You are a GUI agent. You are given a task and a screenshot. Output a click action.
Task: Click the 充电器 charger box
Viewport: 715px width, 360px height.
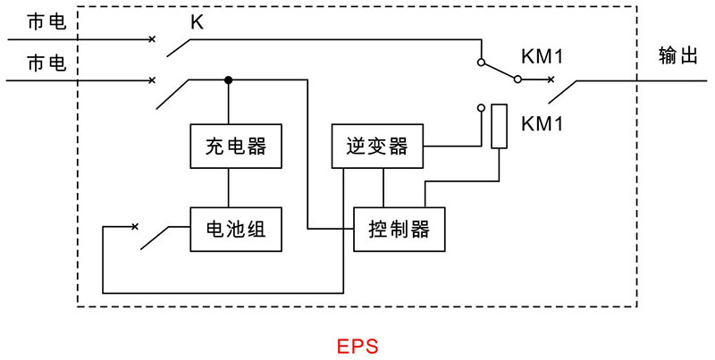[x=231, y=146]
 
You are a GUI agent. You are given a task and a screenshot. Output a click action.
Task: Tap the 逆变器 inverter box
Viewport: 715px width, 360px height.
[x=376, y=146]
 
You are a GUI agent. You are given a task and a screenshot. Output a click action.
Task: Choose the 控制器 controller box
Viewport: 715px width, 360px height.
[x=399, y=230]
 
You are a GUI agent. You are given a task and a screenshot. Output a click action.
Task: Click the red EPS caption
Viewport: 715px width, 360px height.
[x=357, y=346]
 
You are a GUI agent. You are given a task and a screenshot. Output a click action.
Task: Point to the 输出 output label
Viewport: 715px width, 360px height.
[x=677, y=55]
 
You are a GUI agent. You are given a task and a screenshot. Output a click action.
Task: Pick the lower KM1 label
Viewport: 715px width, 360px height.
[x=542, y=123]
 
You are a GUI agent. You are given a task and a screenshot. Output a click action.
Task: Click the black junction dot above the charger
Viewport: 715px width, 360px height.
[x=230, y=80]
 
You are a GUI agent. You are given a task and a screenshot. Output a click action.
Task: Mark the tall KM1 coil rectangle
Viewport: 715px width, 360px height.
[x=500, y=126]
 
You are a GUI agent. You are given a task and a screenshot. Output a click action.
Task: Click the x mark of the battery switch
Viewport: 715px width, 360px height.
[x=135, y=227]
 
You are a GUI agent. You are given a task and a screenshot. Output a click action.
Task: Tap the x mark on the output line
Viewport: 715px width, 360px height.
[x=551, y=80]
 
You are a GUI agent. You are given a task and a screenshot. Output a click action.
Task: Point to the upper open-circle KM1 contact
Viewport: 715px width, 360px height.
[x=482, y=63]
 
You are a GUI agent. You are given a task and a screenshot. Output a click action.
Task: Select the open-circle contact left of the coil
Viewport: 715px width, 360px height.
[x=482, y=108]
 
